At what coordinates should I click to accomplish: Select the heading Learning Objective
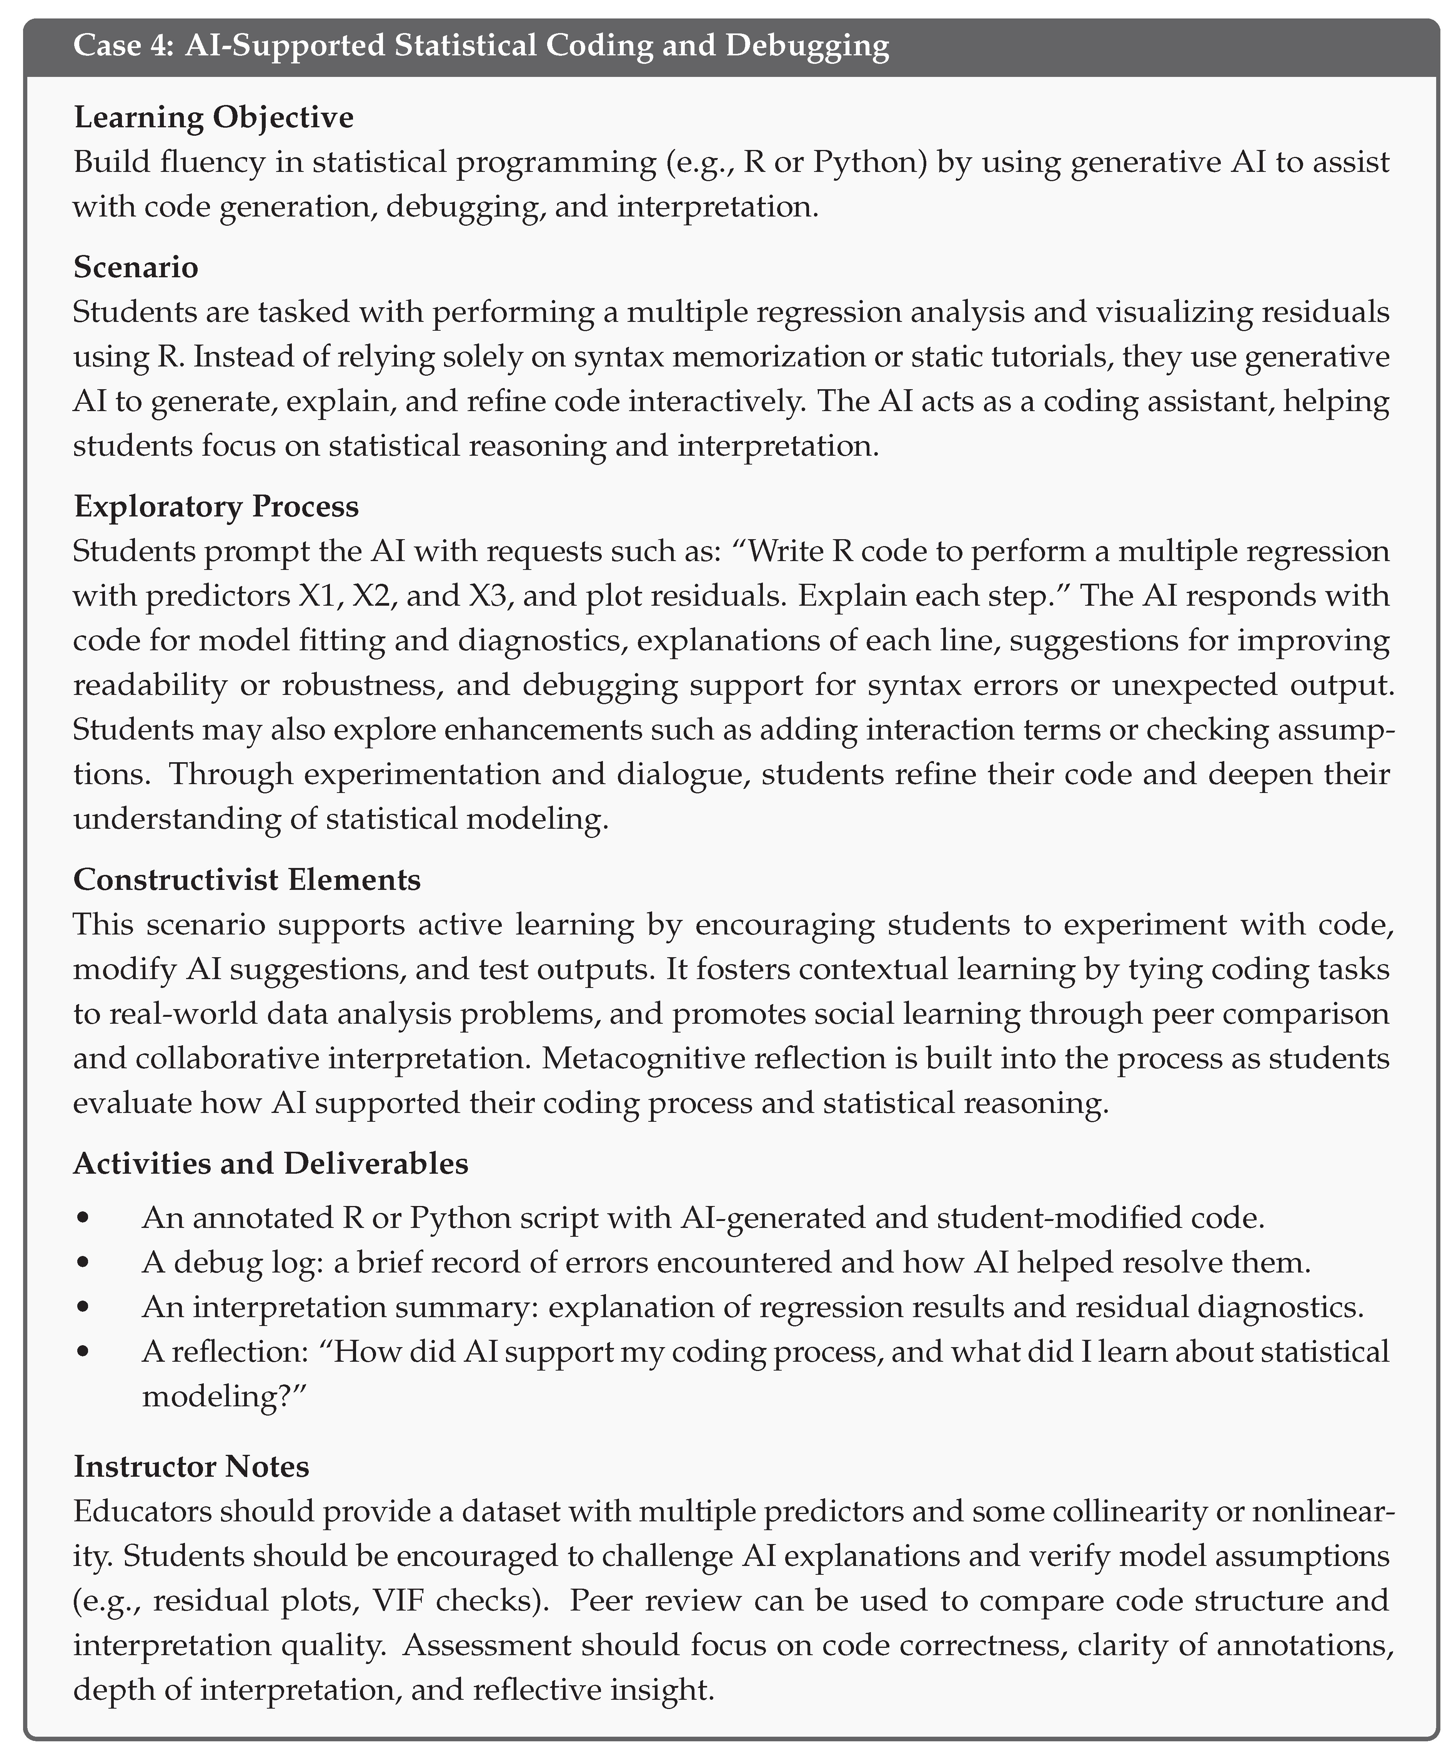(x=214, y=117)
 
